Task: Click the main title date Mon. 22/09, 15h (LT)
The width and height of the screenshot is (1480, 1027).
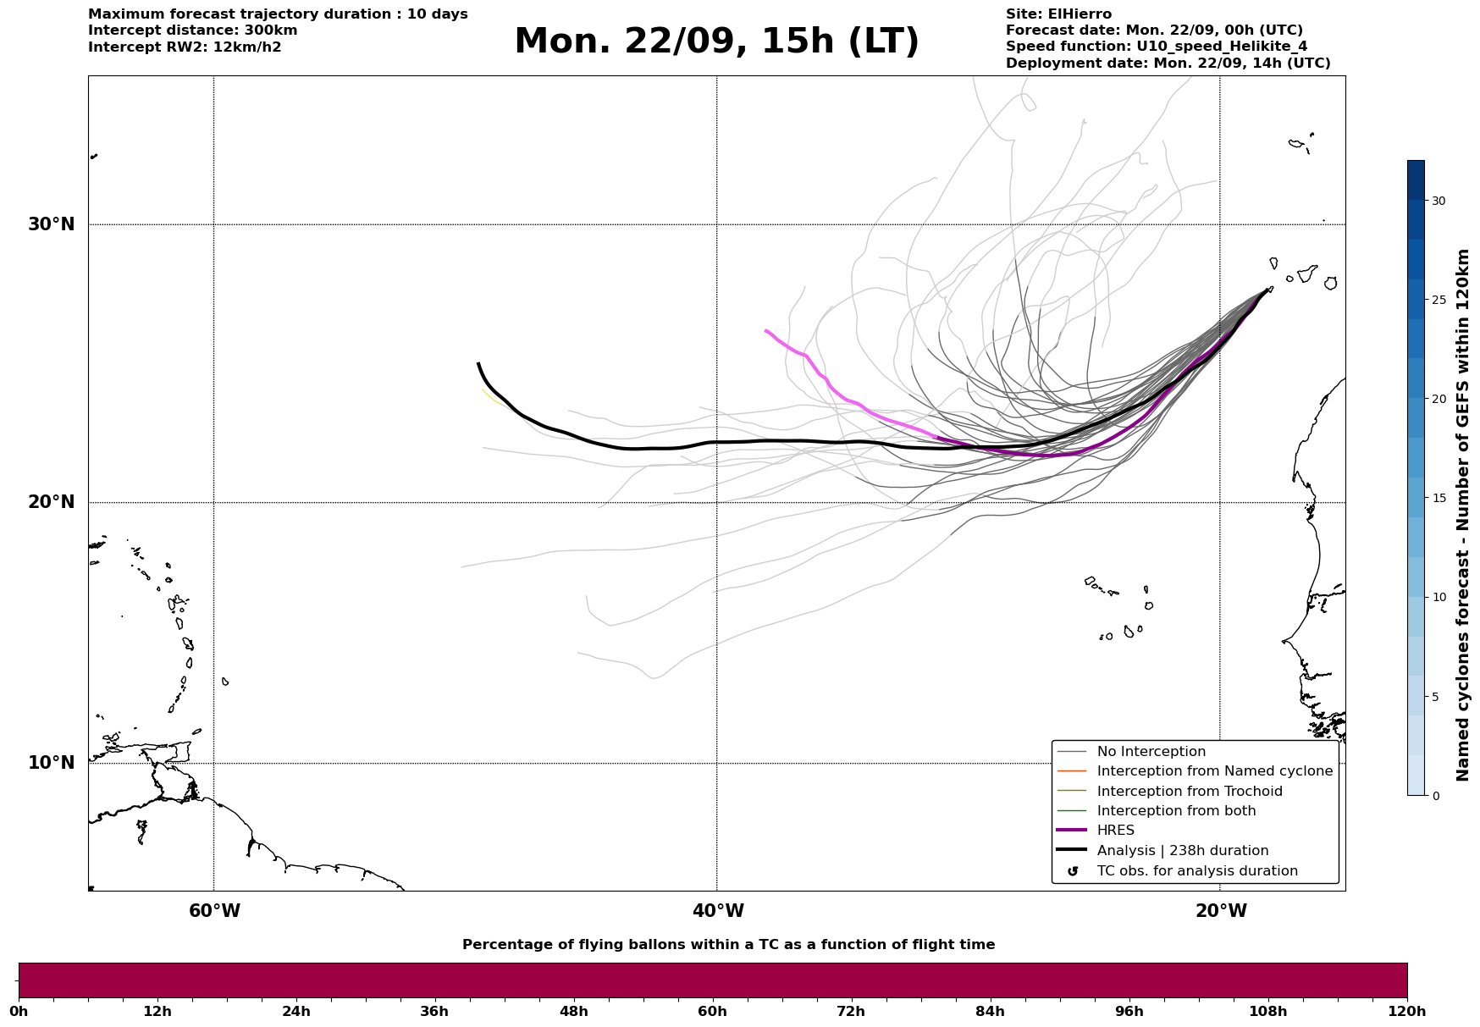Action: tap(716, 41)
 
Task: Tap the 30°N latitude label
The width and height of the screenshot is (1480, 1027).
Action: tap(51, 224)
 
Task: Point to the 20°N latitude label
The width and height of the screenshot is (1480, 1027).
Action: tap(51, 502)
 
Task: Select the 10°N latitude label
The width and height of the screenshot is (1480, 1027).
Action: tap(51, 763)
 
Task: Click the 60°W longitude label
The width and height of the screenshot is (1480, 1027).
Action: tap(214, 911)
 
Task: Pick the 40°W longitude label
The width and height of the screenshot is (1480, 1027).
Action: tap(718, 911)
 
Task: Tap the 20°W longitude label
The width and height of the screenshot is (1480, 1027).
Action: tap(1221, 911)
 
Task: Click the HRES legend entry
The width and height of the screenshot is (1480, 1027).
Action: tap(1115, 831)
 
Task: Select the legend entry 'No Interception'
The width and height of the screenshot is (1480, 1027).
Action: tap(1151, 752)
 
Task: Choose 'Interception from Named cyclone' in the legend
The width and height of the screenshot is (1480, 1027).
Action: tap(1214, 771)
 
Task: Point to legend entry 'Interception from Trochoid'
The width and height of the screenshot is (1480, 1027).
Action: tap(1189, 792)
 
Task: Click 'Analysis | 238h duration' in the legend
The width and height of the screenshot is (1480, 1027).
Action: tap(1182, 851)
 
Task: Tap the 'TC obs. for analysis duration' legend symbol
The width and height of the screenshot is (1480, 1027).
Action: tap(1073, 871)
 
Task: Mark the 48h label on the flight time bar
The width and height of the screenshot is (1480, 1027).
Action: tap(573, 1012)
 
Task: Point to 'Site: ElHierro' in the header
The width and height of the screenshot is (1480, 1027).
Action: tap(1058, 14)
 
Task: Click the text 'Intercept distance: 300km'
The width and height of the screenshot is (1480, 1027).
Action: tap(192, 30)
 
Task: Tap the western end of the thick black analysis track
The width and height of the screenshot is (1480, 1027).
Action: tap(479, 364)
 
